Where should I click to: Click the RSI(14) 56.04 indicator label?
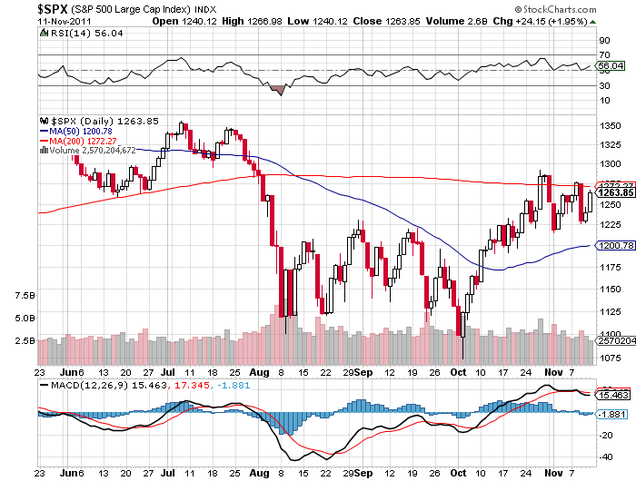[x=74, y=33]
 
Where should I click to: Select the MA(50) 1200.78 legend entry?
[x=81, y=131]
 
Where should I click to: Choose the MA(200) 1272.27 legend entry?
[x=84, y=141]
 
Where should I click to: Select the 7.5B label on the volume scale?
[x=25, y=296]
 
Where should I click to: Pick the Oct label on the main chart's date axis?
[x=460, y=371]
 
